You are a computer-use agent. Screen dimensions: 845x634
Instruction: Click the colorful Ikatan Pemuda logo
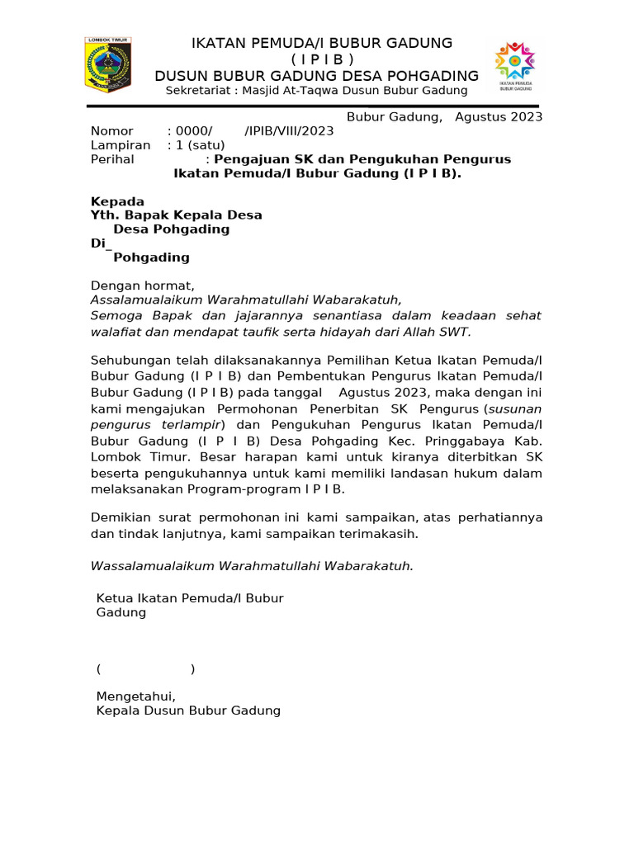515,66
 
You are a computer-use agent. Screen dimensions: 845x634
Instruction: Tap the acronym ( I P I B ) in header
322,59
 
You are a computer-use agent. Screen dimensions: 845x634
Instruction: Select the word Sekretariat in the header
198,91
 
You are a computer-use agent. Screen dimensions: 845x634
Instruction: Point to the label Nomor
111,131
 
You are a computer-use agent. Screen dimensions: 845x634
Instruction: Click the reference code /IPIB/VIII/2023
289,131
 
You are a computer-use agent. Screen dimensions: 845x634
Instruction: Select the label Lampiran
120,145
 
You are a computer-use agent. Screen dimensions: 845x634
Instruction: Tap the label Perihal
112,159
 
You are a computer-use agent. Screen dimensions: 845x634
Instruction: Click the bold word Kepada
117,201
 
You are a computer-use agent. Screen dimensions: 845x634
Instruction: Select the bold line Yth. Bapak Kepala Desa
176,215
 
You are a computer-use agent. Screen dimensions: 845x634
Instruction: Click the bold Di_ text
100,243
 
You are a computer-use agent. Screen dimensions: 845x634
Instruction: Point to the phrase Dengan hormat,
142,286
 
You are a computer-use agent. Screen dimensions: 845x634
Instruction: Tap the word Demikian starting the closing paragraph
120,517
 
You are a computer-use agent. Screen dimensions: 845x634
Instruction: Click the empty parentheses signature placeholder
146,668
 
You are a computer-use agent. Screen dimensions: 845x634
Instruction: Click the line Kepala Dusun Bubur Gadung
188,710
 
